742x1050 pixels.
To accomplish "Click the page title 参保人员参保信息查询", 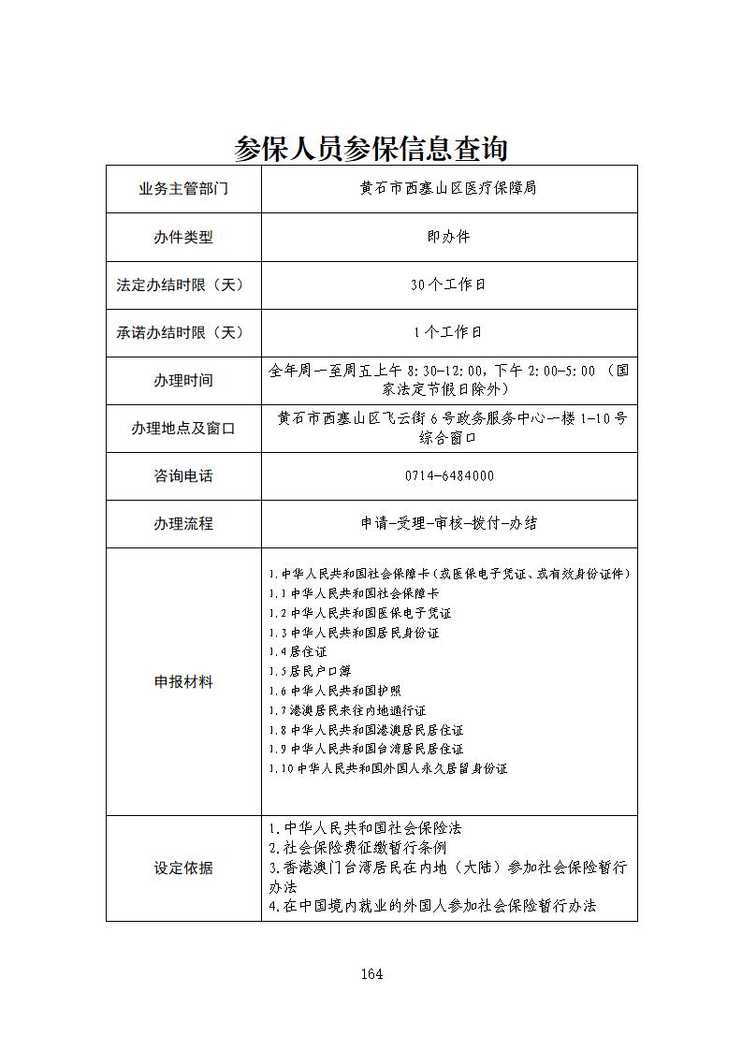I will coord(371,148).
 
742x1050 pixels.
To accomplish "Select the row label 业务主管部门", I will coord(183,189).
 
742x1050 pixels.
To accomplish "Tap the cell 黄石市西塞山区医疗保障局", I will coord(449,188).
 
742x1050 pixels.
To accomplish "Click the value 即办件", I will coord(449,237).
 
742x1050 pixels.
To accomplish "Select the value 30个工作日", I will coord(449,284).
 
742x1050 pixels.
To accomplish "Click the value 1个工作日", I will coord(449,332).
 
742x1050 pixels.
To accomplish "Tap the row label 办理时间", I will coord(183,381).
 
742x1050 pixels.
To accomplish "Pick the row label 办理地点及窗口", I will coord(183,429).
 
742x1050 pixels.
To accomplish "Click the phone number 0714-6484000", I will coord(449,476).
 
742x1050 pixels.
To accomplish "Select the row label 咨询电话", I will coord(183,476).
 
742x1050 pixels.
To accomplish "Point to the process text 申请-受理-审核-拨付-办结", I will coord(449,524).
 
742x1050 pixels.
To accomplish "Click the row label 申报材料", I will coord(183,682).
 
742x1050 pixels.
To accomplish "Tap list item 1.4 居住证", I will coord(298,651).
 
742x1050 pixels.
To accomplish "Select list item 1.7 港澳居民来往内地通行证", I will coord(347,710).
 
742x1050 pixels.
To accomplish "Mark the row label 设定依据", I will coord(183,868).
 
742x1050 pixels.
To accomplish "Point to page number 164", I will coord(371,974).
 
